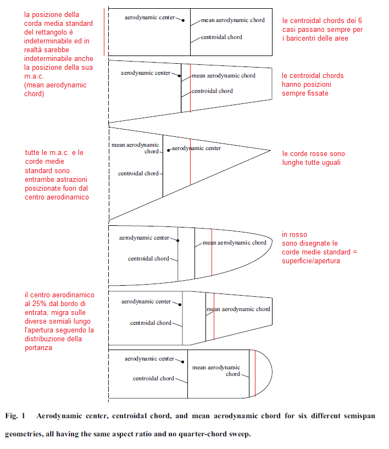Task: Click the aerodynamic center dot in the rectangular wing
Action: (183, 20)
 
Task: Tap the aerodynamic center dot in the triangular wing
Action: (168, 151)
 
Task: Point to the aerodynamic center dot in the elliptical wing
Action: (178, 241)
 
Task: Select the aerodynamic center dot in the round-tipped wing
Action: (182, 362)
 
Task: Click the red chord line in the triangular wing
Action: (190, 162)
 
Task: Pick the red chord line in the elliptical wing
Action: (212, 252)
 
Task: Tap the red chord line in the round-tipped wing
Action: (255, 373)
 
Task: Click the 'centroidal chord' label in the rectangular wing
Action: (221, 37)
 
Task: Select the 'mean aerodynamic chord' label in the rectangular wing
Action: (233, 20)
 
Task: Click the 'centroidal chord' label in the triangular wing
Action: (138, 173)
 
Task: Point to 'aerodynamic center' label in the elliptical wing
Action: (144, 237)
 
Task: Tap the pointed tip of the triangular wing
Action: (270, 151)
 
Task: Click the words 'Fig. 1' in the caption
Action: (15, 416)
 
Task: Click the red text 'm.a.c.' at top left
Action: (34, 76)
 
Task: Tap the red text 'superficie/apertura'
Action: (311, 261)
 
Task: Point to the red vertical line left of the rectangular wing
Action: (104, 32)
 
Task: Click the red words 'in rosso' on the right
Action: (294, 235)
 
